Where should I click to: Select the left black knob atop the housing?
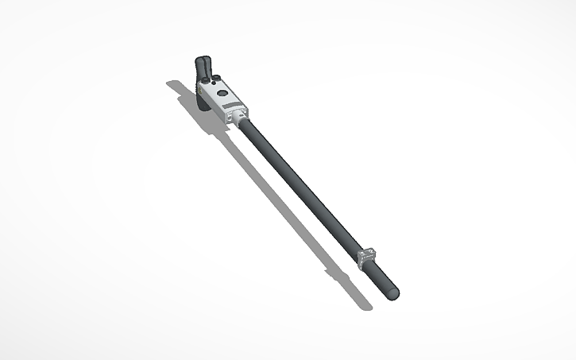coord(206,80)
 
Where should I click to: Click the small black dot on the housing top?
coord(214,83)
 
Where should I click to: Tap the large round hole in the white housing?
coord(222,93)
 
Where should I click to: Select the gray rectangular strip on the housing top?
coord(230,106)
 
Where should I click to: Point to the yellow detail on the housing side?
coord(199,90)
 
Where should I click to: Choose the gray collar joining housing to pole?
coord(241,118)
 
